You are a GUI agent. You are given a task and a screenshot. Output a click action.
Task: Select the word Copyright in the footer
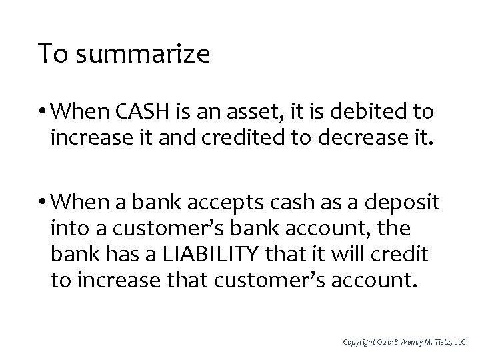(357, 342)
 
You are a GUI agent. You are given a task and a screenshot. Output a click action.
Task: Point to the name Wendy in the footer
(411, 342)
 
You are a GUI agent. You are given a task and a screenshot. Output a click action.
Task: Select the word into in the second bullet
(67, 227)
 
